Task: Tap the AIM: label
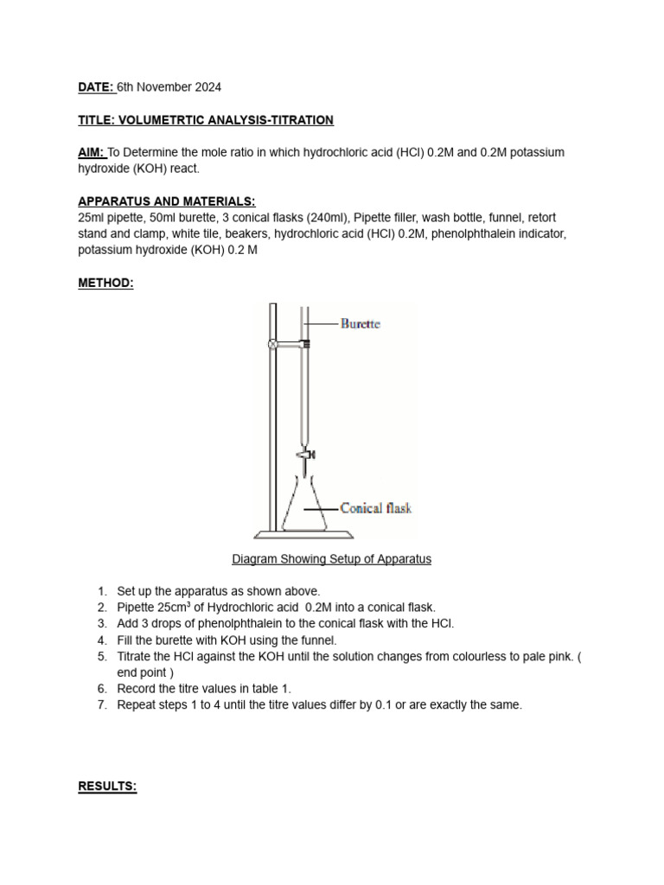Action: (92, 152)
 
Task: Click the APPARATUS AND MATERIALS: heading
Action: (167, 201)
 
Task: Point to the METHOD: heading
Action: (106, 283)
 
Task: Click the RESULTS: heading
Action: (108, 786)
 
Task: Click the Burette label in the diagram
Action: (360, 324)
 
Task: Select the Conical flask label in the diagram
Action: (375, 508)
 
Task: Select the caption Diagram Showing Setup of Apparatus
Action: (331, 559)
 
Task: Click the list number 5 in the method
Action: (101, 656)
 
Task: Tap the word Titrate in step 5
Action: (136, 656)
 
